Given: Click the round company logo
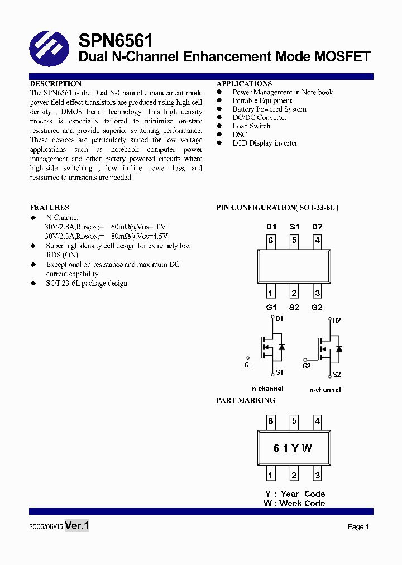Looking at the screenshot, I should (49, 48).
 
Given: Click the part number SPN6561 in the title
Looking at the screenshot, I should (116, 40).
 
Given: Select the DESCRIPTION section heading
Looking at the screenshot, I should (56, 84).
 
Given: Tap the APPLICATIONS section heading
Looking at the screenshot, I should (244, 84).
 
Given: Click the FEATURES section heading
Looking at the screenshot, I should (50, 207).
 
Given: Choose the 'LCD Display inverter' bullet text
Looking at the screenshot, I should (265, 143).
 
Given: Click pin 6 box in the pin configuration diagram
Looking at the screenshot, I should (271, 241).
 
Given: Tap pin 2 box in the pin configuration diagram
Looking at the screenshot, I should (294, 293).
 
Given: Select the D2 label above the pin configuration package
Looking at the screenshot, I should (317, 227).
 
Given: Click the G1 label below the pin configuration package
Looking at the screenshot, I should (271, 308).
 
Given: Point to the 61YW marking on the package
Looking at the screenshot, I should (293, 448).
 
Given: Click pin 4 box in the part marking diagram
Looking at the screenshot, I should (317, 421).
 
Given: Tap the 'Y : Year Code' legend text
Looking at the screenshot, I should (295, 494).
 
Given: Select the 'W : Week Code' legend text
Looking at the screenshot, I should (294, 504).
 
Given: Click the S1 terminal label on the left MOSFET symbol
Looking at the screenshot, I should (279, 372).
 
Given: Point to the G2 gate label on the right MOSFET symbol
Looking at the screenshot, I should (307, 366).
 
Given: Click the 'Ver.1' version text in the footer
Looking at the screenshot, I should (77, 526).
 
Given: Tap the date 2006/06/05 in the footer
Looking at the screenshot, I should (45, 527).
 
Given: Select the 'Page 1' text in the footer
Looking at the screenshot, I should (358, 527).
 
